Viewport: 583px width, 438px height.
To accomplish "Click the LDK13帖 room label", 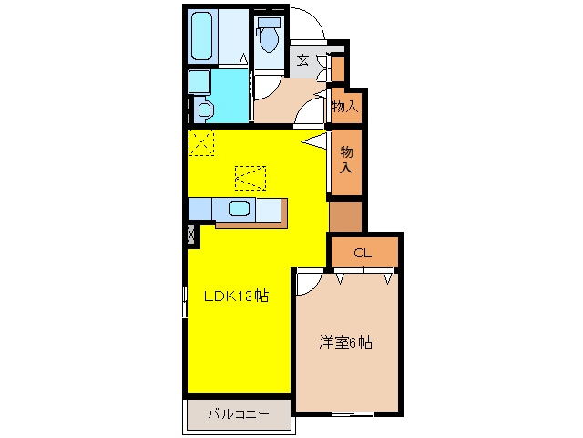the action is pos(236,296).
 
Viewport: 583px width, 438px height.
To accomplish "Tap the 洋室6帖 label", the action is pos(345,342).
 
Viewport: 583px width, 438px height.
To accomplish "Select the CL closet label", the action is pos(363,254).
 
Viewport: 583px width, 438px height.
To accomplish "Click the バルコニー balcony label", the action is pos(239,413).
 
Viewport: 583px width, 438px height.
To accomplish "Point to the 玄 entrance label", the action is pos(303,59).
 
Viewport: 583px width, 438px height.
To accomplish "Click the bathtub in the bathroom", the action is pos(202,36).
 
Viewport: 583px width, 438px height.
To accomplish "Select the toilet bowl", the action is pos(270,40).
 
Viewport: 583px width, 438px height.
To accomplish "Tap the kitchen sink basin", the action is pos(239,209).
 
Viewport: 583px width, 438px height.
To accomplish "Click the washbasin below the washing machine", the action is pos(205,109).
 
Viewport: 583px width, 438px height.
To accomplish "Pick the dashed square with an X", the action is pos(201,142).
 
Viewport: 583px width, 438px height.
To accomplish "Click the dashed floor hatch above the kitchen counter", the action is pos(251,178).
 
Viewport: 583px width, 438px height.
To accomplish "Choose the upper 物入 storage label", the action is pos(345,107).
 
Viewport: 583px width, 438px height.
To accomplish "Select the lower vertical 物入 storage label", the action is pos(346,160).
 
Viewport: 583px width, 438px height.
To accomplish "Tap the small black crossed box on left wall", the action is pos(191,235).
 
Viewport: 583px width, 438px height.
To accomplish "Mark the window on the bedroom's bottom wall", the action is pos(353,413).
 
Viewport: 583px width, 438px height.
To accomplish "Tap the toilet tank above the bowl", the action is pos(269,22).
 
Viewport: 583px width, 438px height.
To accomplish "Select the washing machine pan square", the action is pos(199,82).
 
